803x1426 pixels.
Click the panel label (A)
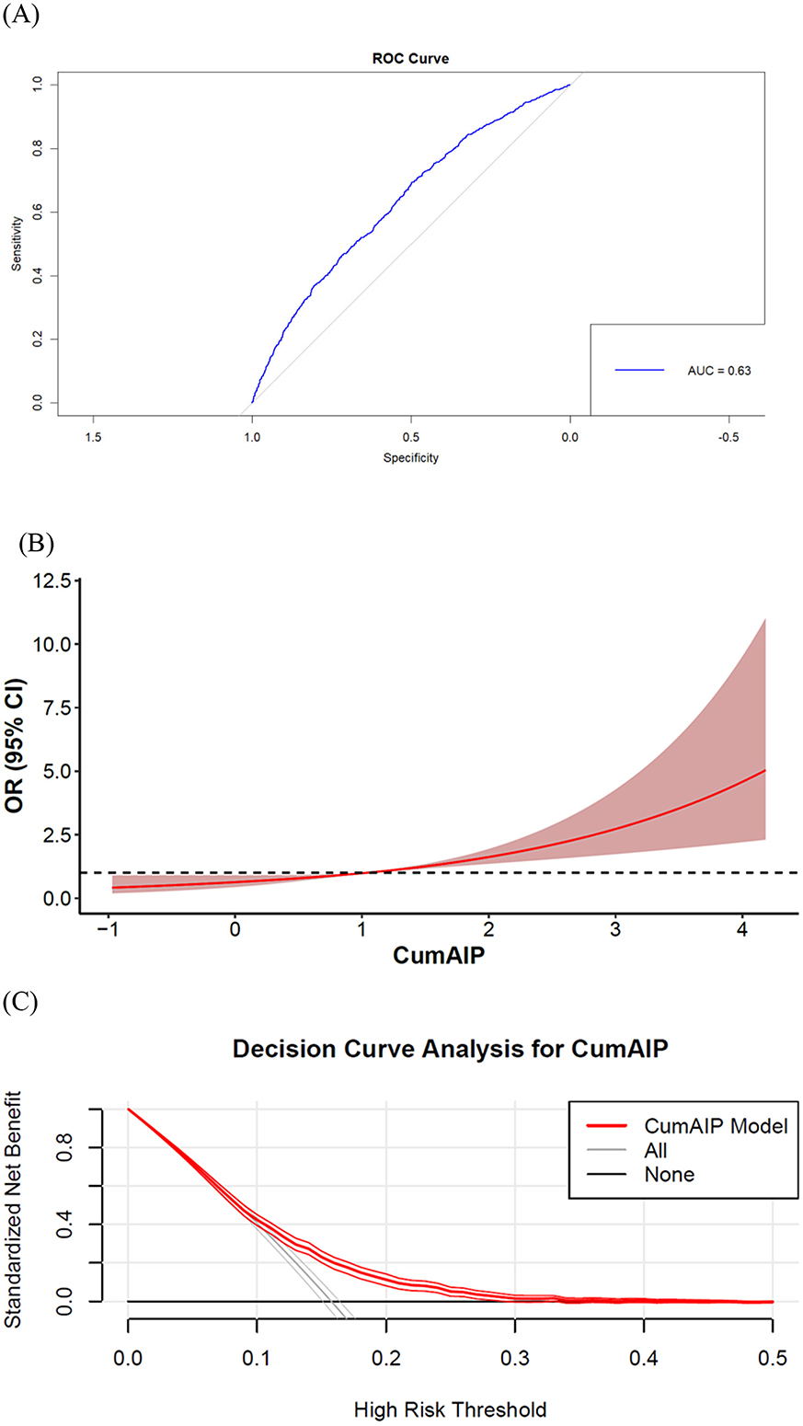[20, 17]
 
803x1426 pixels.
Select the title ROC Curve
[410, 59]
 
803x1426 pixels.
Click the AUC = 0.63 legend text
[719, 371]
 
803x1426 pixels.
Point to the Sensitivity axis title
[17, 244]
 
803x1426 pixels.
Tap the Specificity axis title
[410, 457]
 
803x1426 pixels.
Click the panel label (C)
[20, 1001]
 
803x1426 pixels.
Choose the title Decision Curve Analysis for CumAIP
[450, 1050]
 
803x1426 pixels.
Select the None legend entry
[669, 1174]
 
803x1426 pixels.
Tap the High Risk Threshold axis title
[450, 1409]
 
